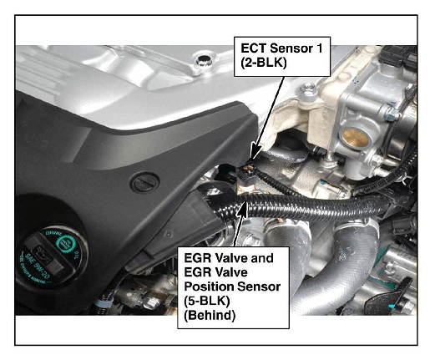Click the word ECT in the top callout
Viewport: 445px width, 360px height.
(x=254, y=48)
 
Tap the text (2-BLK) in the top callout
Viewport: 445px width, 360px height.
(x=263, y=63)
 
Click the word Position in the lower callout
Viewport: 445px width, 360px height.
(x=208, y=286)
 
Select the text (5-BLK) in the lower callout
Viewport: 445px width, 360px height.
(x=206, y=302)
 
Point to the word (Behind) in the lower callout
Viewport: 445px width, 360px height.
(x=210, y=316)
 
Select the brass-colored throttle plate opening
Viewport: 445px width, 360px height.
(x=355, y=138)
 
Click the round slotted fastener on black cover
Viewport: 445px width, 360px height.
(x=144, y=183)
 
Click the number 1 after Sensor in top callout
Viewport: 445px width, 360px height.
(x=320, y=48)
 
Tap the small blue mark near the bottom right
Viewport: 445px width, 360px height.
(x=392, y=307)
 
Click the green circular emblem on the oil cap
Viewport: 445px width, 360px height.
(x=66, y=244)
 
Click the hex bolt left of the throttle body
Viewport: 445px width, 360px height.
(x=308, y=90)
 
